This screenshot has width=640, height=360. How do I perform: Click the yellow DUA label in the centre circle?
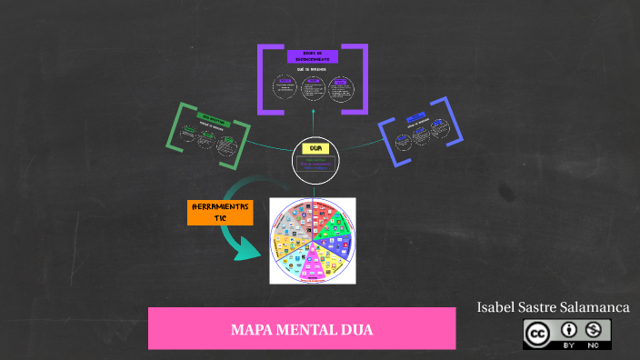315,147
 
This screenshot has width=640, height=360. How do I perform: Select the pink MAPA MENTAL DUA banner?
302,328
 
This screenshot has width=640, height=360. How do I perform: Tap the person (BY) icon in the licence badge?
569,329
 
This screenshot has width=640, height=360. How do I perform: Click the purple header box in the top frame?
313,56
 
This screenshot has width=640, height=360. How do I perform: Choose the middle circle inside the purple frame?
313,87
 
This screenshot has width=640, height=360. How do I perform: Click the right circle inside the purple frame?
341,88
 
